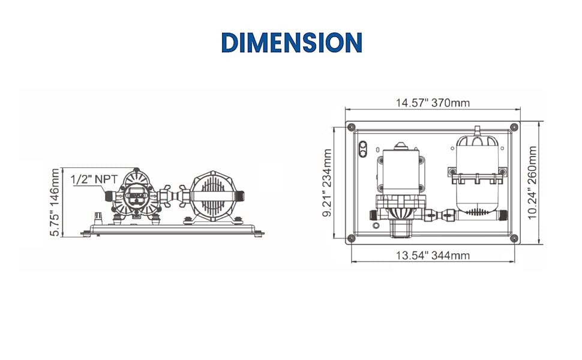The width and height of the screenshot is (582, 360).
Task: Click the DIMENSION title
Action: coord(292,43)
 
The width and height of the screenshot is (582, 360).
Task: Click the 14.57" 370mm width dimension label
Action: coord(433,103)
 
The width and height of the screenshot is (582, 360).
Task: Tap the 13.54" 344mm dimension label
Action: coord(433,256)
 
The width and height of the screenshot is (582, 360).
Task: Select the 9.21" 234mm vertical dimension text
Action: coord(328,182)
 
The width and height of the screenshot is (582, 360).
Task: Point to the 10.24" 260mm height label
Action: coord(532,182)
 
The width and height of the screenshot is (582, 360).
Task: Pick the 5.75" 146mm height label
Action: coord(55,202)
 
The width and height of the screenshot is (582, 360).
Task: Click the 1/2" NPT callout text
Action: coord(94,179)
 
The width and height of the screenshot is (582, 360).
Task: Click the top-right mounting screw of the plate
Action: coord(514,127)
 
